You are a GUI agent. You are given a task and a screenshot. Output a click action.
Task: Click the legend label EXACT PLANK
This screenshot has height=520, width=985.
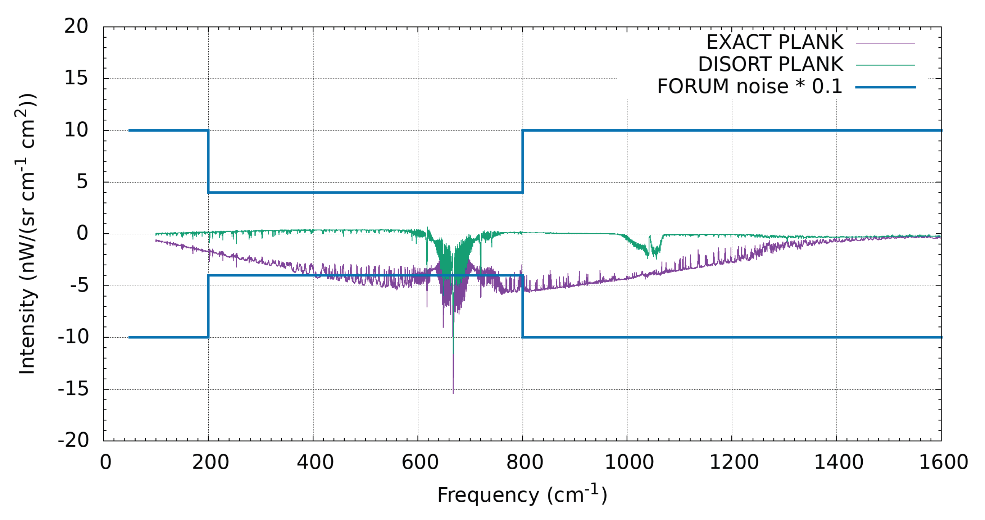774,42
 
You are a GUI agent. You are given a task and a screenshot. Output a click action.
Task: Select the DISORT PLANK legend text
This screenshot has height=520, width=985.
771,64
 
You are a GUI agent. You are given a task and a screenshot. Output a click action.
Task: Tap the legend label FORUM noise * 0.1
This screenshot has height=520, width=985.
750,87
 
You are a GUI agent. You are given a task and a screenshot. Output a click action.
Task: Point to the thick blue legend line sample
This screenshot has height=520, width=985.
885,87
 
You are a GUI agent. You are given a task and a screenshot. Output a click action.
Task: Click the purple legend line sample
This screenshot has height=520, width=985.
885,43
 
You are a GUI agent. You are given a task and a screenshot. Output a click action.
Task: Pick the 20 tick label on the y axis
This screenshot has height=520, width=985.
76,27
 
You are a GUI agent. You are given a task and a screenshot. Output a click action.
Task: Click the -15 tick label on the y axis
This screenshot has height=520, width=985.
73,389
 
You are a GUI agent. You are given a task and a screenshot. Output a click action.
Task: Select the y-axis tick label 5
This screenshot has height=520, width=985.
82,182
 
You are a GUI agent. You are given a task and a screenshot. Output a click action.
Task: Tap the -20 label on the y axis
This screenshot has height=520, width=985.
73,441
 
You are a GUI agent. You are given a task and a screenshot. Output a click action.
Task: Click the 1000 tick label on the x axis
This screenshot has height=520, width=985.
629,462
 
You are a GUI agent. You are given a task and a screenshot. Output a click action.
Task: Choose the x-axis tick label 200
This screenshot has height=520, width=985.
210,462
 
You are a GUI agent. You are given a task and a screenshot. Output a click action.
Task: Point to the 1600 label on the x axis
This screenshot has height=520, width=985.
943,462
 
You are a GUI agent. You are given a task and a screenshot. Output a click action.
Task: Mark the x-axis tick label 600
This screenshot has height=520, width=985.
420,462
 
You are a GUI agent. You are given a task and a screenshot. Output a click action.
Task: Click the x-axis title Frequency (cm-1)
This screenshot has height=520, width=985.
522,495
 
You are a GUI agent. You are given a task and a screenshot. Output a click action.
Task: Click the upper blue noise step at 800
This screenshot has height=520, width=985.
523,161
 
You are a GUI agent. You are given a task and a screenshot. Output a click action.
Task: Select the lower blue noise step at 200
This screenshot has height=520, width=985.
208,306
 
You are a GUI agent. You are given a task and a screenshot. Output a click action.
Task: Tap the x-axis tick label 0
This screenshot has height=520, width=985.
106,462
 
